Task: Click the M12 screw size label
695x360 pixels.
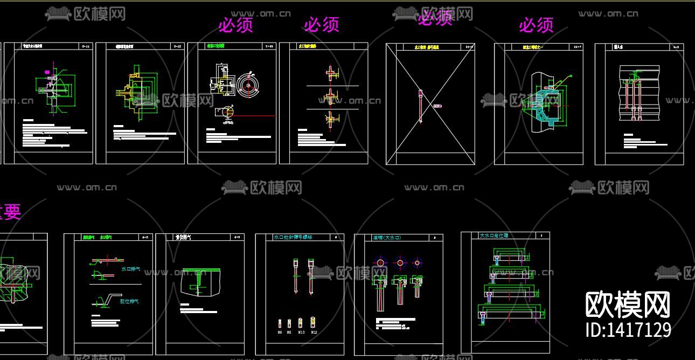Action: [x=314, y=333]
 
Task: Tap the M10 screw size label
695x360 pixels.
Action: [x=301, y=333]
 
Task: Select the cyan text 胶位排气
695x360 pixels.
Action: [x=129, y=301]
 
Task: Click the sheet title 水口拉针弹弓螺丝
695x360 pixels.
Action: [x=293, y=237]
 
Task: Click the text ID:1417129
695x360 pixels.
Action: [x=628, y=329]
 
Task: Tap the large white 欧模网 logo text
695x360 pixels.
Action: [x=628, y=305]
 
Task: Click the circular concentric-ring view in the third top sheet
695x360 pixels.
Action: [x=248, y=85]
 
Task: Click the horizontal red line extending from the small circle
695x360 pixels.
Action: [x=255, y=115]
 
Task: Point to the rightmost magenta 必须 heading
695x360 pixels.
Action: [x=536, y=25]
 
